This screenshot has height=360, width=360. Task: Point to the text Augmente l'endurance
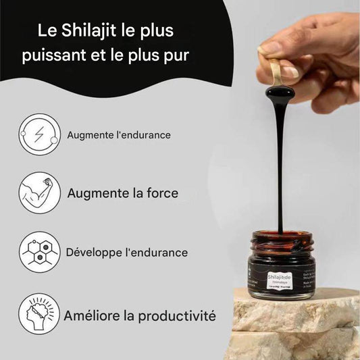pos(119,135)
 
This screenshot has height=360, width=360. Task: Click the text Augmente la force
pos(123,193)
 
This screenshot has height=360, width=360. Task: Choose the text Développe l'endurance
pos(127,253)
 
